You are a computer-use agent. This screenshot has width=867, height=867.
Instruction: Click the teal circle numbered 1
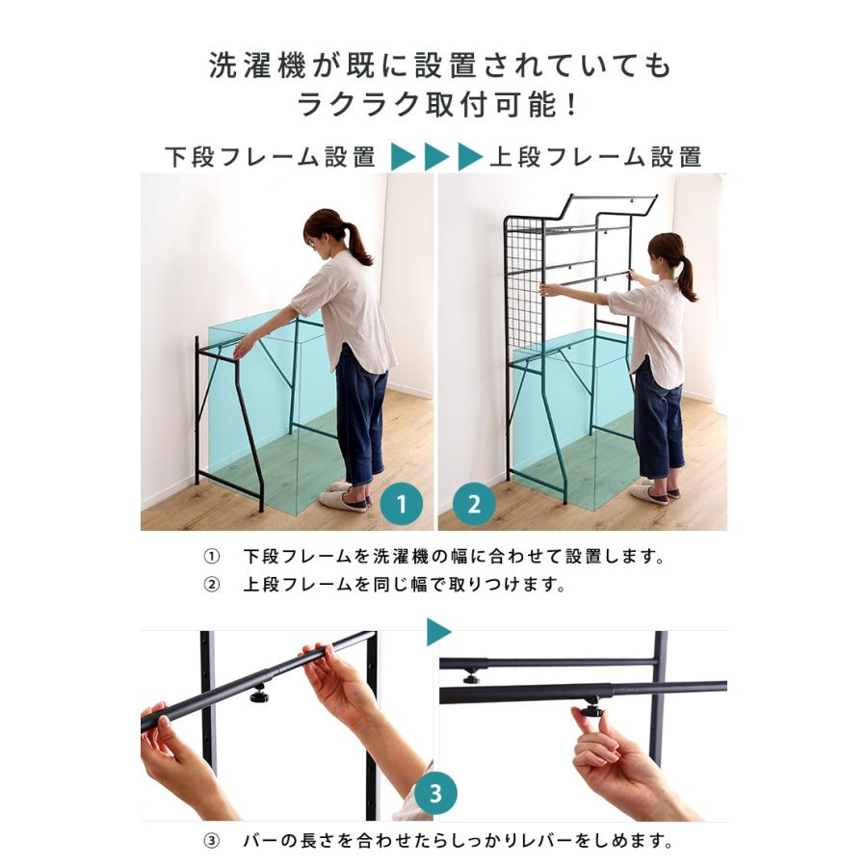pyautogui.click(x=402, y=504)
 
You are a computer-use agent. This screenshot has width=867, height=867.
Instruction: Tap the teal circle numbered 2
pyautogui.click(x=474, y=504)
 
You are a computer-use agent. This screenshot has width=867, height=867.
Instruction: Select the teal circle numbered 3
pyautogui.click(x=435, y=793)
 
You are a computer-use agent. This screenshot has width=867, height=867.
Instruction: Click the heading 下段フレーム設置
pyautogui.click(x=271, y=157)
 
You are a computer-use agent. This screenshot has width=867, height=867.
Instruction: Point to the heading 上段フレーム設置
pyautogui.click(x=596, y=157)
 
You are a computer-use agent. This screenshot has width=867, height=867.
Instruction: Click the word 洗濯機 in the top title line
pyautogui.click(x=257, y=66)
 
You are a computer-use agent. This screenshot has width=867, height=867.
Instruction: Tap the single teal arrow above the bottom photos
pyautogui.click(x=438, y=632)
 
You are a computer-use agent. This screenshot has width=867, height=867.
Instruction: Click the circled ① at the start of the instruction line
pyautogui.click(x=211, y=556)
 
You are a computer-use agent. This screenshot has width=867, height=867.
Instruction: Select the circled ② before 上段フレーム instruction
pyautogui.click(x=211, y=585)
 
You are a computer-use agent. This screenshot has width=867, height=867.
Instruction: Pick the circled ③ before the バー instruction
pyautogui.click(x=211, y=842)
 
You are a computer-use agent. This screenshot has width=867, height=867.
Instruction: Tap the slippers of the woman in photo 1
pyautogui.click(x=345, y=496)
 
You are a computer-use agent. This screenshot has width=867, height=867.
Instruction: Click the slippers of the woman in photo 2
pyautogui.click(x=654, y=491)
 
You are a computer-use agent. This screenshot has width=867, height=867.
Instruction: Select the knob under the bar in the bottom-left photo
pyautogui.click(x=257, y=694)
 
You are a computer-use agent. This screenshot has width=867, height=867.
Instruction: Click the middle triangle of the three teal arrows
pyautogui.click(x=436, y=157)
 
